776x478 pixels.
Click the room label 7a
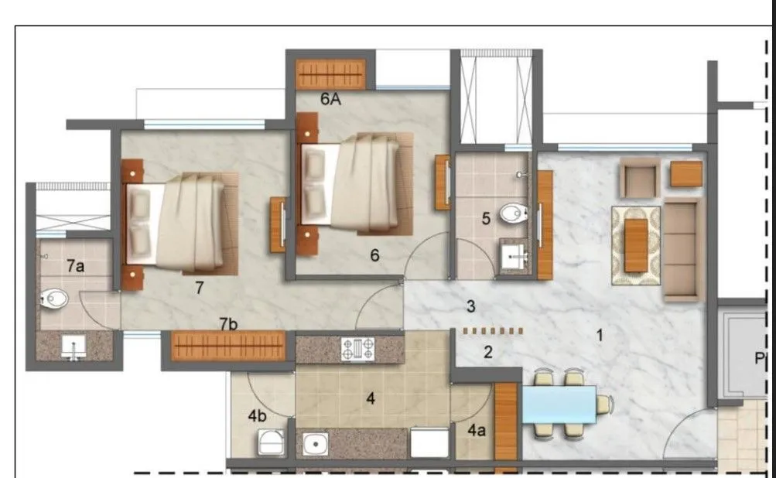[x=75, y=266]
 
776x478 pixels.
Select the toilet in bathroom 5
[x=511, y=213]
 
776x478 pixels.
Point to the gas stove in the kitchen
[x=357, y=350]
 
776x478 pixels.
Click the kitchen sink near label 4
[x=316, y=444]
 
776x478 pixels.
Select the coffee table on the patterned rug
[x=636, y=245]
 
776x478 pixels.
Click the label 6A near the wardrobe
[x=331, y=99]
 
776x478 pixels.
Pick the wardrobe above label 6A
[x=331, y=74]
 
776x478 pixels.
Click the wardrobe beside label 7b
[x=227, y=346]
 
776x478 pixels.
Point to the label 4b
[x=258, y=415]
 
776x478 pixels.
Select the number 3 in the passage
[x=470, y=306]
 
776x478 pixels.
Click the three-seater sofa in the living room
[x=681, y=249]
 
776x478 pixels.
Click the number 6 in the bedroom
[x=374, y=255]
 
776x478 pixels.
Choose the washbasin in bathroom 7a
[x=73, y=347]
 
